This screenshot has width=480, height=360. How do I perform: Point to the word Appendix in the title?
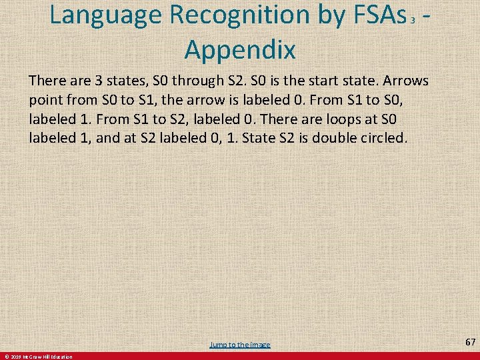[x=240, y=48]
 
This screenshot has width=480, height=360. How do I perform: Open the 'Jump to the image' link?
[x=240, y=345]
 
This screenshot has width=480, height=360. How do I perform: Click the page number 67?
[x=470, y=342]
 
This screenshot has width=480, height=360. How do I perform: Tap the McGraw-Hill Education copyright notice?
[x=38, y=357]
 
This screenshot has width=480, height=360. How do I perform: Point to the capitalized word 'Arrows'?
[x=407, y=81]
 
